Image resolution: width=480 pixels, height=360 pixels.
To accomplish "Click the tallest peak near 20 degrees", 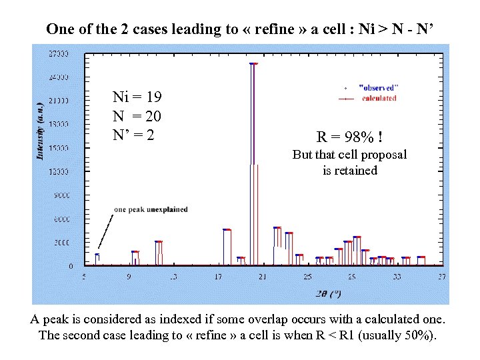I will [x=253, y=64].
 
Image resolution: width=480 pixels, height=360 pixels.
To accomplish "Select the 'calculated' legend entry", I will [x=379, y=98].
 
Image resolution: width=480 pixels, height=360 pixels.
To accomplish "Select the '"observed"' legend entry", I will [x=379, y=87].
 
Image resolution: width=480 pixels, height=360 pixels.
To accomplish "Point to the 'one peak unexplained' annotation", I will [x=151, y=209].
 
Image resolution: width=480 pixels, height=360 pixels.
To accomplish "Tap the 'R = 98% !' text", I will [x=349, y=137].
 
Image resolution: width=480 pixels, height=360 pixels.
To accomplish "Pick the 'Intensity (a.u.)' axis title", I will [x=39, y=131].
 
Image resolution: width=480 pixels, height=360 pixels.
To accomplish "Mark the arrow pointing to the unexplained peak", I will [x=105, y=231].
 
